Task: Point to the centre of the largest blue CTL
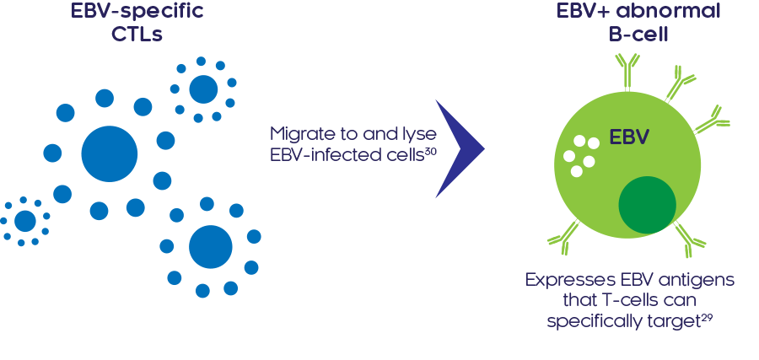(110, 153)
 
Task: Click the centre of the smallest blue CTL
(25, 221)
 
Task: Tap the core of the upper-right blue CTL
(202, 89)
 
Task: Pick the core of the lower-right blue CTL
(210, 247)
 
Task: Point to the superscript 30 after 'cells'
(429, 151)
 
